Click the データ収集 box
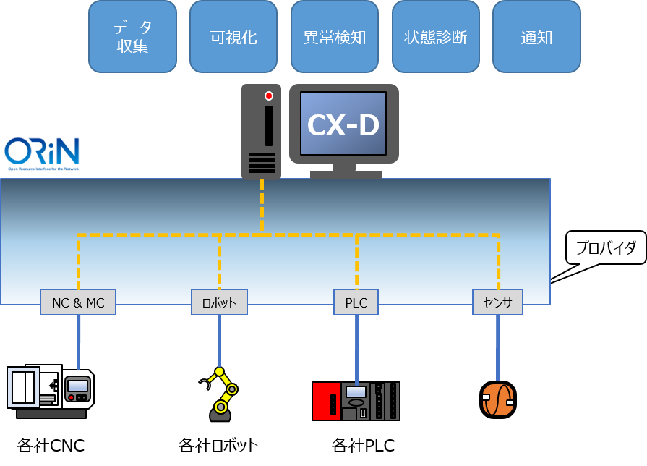(x=132, y=37)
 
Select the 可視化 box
(x=233, y=37)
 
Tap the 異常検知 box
(x=335, y=37)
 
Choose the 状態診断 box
(x=436, y=37)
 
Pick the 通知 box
(x=536, y=37)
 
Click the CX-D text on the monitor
(x=343, y=125)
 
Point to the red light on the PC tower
(x=269, y=96)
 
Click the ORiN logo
(x=42, y=153)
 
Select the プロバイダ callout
(x=606, y=247)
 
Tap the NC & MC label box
(x=78, y=302)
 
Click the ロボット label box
(x=219, y=302)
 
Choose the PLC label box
(x=356, y=302)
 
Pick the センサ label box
(x=497, y=302)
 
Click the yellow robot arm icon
(x=220, y=394)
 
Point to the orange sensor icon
(x=497, y=399)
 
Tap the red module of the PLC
(x=326, y=401)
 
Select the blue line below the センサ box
(x=497, y=347)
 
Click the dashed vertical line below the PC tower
(x=262, y=206)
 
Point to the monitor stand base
(x=346, y=174)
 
